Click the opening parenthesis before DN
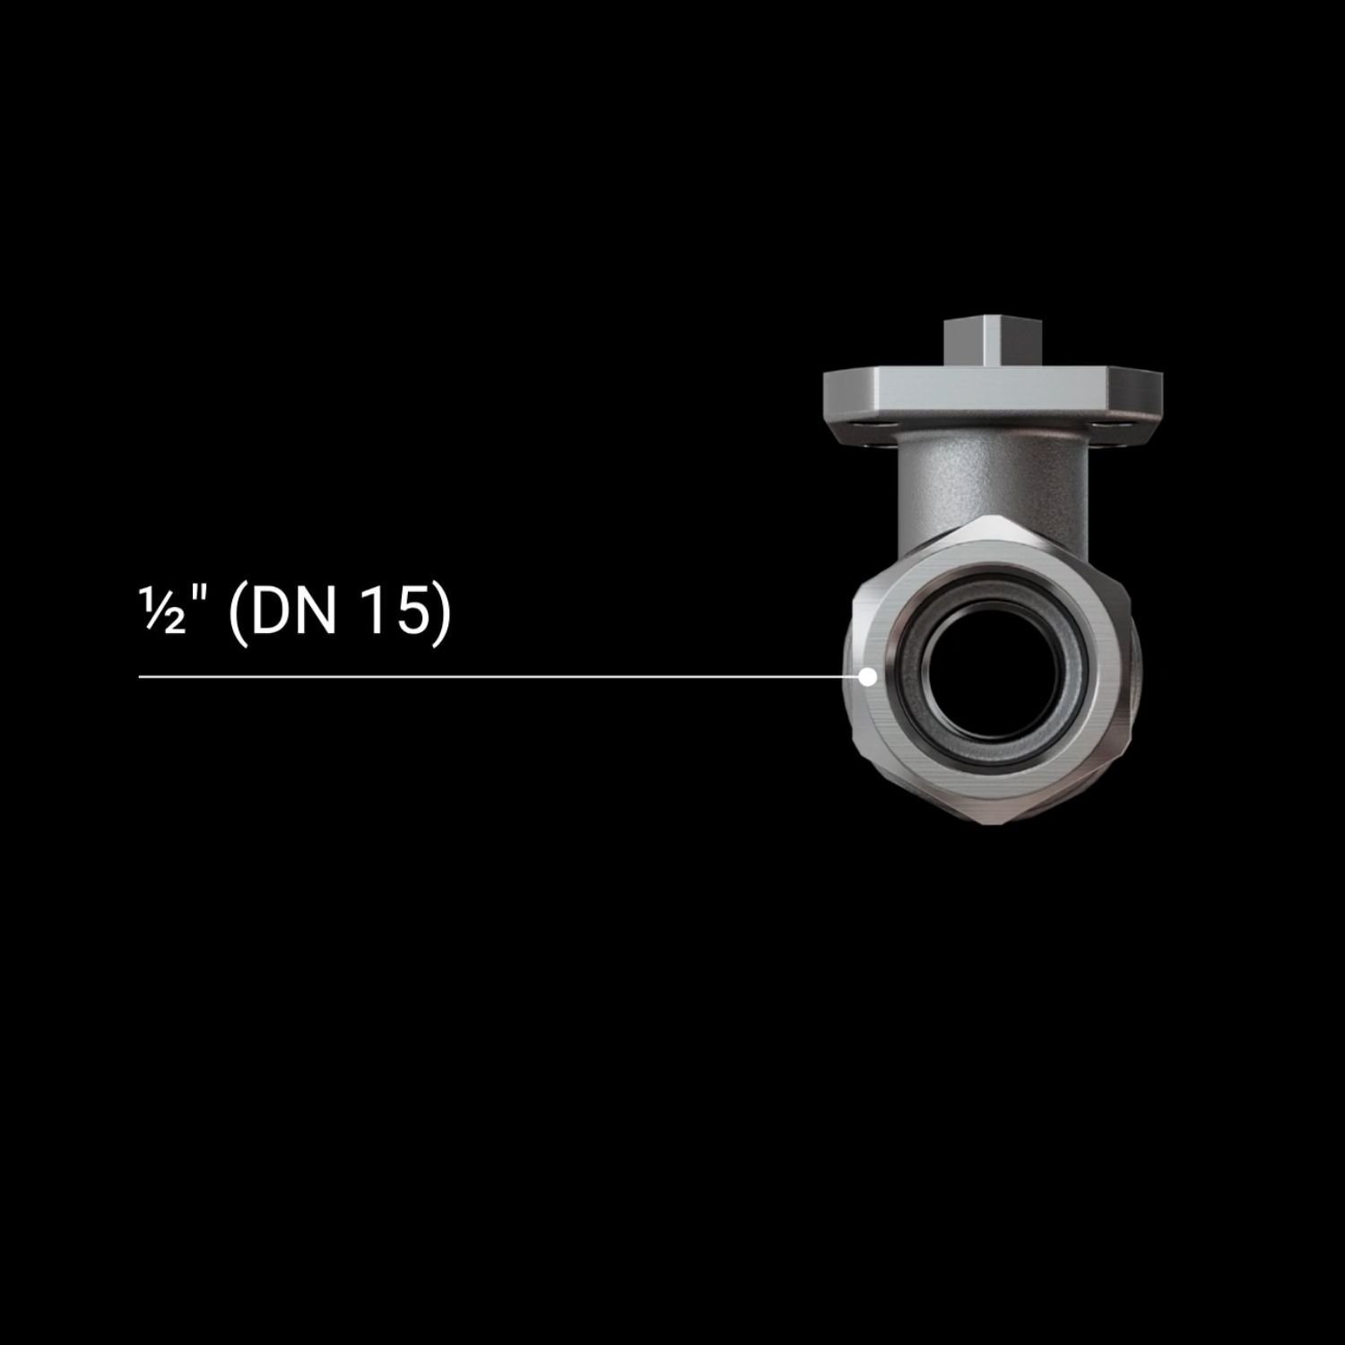(x=238, y=617)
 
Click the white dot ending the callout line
(x=867, y=677)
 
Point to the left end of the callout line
(x=140, y=677)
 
